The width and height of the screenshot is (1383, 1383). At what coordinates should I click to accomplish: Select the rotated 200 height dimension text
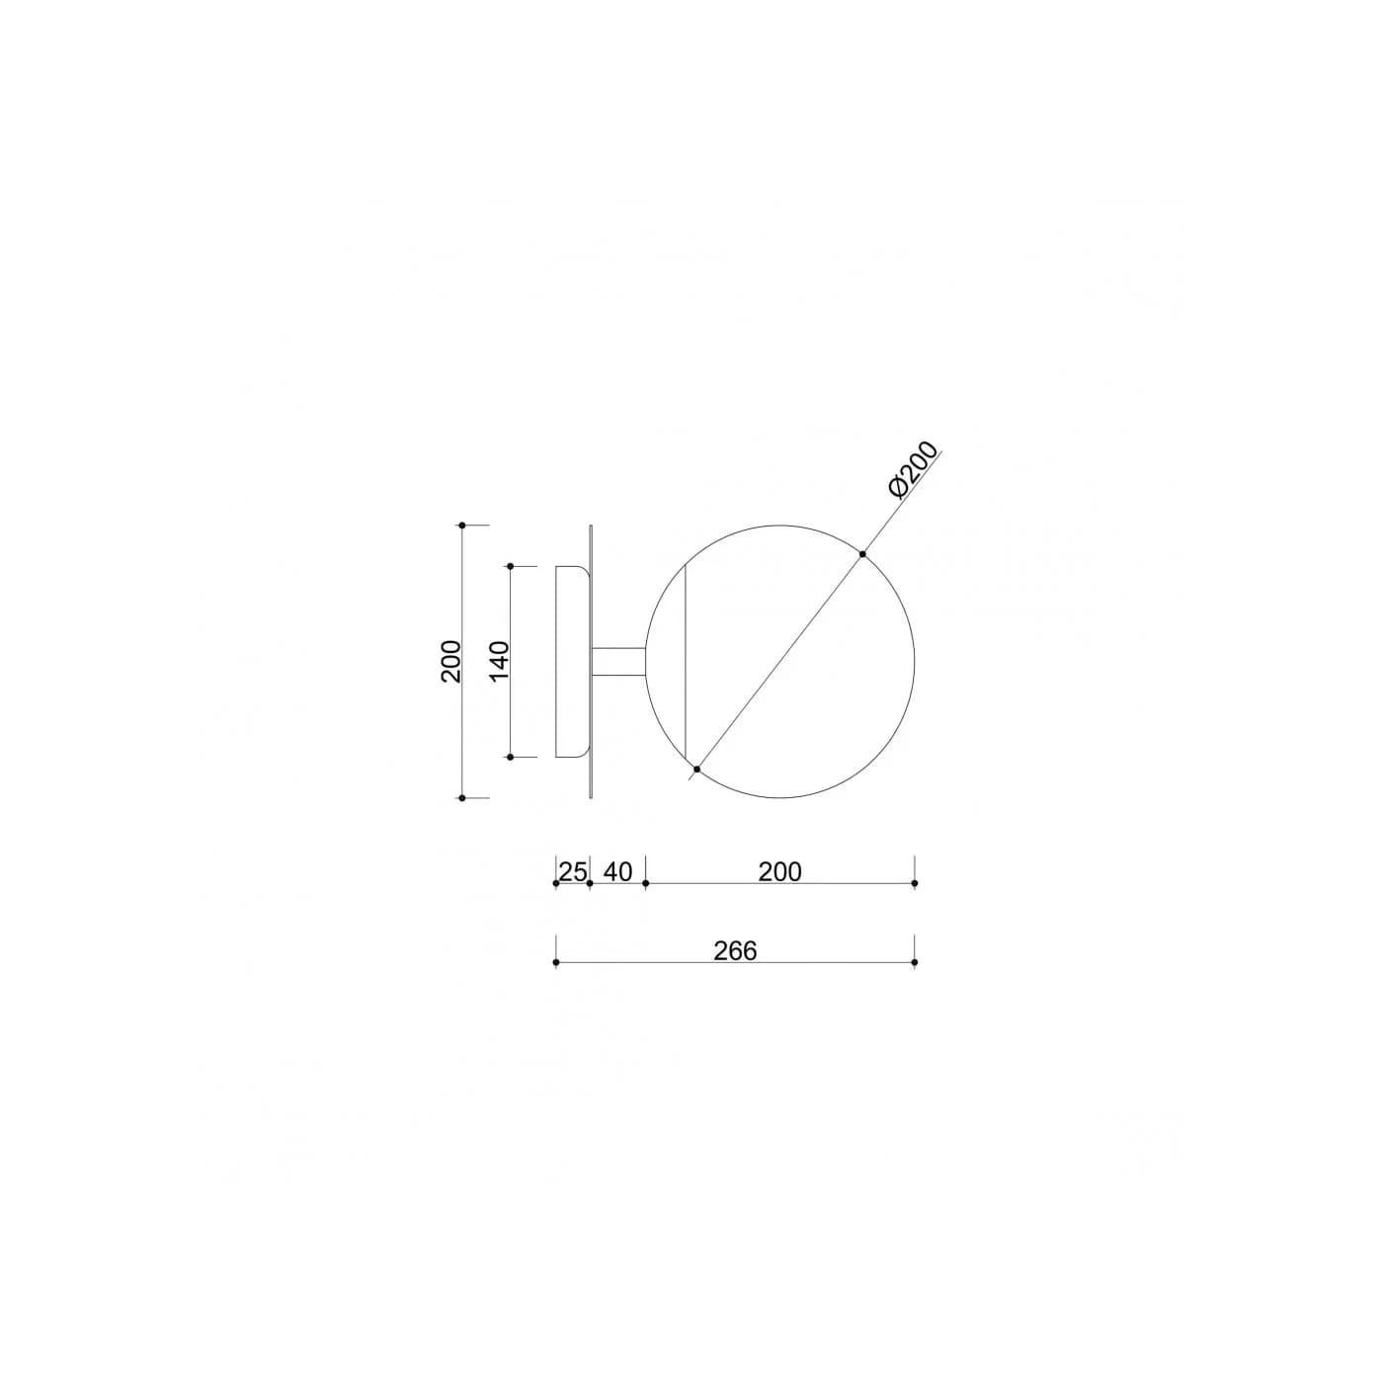tap(451, 661)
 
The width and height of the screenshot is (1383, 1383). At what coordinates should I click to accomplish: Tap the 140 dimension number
tap(499, 661)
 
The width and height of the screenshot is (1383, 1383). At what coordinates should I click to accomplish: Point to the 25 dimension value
tap(573, 871)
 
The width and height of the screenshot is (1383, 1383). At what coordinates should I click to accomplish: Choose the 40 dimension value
tap(617, 871)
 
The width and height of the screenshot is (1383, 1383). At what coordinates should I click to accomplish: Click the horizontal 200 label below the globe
tap(779, 871)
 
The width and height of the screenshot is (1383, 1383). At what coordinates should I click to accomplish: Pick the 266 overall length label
tap(735, 950)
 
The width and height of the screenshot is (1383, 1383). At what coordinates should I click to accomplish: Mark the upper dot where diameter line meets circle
tap(862, 554)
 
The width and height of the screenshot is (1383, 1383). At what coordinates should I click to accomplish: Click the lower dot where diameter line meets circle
tap(696, 770)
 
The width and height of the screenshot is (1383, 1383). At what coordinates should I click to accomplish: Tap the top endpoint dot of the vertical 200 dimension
tap(462, 526)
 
